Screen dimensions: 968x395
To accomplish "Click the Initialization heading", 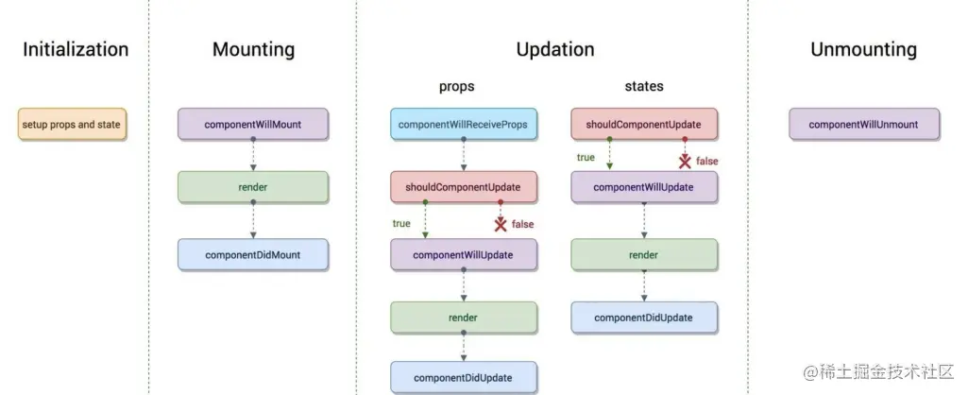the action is point(76,49).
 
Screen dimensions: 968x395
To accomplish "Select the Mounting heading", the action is point(254,49).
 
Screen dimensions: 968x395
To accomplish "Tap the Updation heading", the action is point(555,49).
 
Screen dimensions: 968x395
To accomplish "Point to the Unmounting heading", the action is point(864,49).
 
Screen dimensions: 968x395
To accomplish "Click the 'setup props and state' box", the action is point(72,124).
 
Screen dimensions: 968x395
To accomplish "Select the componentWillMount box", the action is point(253,124).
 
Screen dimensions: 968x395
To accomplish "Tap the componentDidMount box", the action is point(253,255).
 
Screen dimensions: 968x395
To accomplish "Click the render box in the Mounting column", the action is point(253,187).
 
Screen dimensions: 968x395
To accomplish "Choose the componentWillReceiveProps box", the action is point(464,124).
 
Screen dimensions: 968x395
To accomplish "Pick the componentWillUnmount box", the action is point(864,124).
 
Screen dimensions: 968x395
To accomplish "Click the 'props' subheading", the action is point(457,87).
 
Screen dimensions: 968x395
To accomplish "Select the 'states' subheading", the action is point(644,87).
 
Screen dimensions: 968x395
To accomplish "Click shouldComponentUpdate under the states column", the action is point(644,124).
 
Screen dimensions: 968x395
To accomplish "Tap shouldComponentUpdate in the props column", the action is point(464,187).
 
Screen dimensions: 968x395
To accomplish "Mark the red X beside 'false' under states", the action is point(685,162).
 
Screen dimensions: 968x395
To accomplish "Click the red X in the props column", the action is point(501,224).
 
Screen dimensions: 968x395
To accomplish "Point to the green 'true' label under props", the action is point(401,223).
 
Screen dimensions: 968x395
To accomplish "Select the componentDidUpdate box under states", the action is point(644,318).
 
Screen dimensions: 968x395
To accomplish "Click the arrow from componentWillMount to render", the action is point(253,154).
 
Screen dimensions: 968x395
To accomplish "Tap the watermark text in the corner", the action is point(878,371).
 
